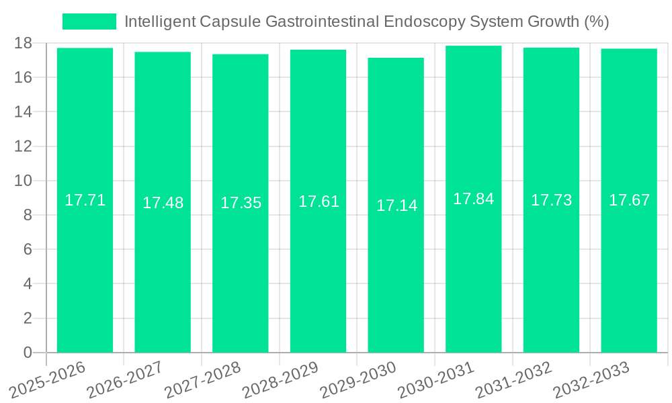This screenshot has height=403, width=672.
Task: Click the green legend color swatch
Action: tap(89, 21)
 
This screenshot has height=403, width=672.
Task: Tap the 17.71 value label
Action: tap(85, 200)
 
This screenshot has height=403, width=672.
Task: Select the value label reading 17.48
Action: tap(163, 203)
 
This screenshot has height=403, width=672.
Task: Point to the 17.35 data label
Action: tap(241, 203)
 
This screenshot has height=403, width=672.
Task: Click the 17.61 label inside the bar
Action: tap(319, 201)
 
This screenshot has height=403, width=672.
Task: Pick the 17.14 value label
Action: tap(396, 206)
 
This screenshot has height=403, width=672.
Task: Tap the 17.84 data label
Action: tap(473, 199)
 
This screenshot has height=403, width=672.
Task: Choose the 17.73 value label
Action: tap(551, 200)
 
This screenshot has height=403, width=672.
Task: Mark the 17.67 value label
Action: tap(629, 200)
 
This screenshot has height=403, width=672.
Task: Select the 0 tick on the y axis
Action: tap(28, 353)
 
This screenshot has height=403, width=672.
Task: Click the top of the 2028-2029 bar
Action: tap(318, 50)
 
